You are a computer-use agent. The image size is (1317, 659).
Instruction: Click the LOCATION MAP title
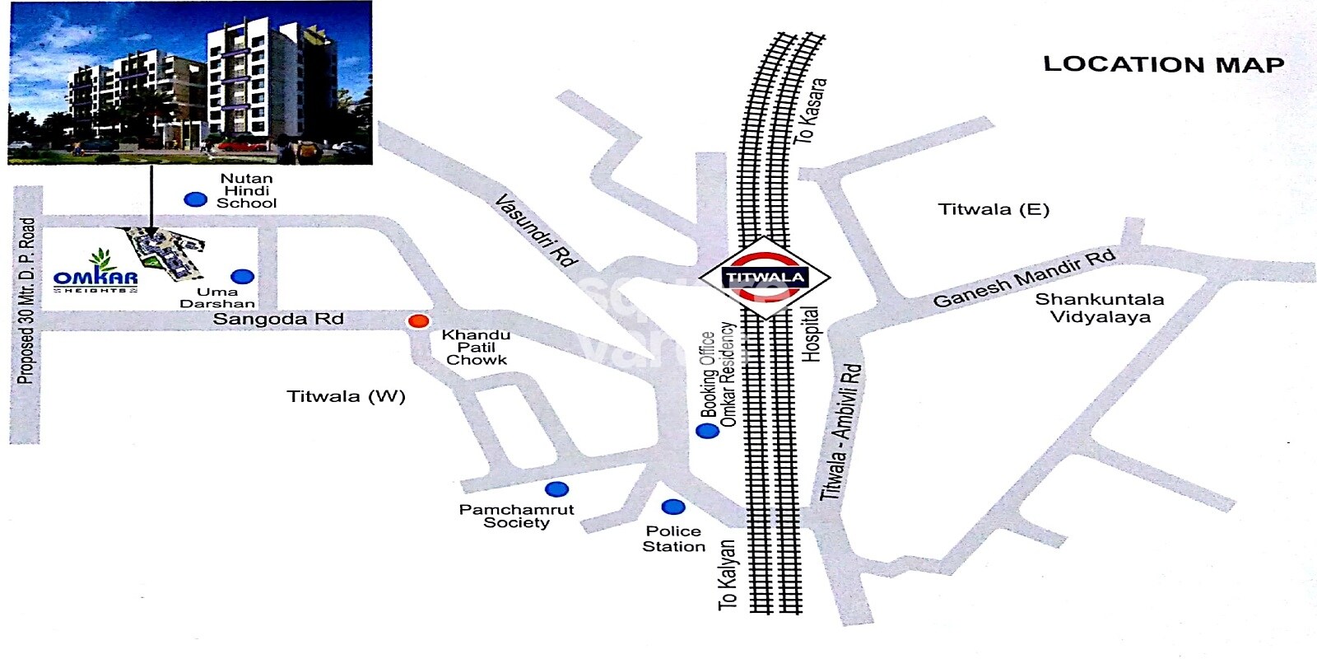(x=1163, y=64)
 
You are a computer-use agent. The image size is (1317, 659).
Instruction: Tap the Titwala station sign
(x=765, y=278)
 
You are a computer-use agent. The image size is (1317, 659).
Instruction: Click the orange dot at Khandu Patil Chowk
(x=419, y=321)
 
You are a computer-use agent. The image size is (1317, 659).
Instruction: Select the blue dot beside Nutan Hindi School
(x=195, y=199)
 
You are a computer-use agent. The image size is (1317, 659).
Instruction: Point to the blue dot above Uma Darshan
(x=242, y=277)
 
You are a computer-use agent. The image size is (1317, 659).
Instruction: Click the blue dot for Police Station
(x=673, y=507)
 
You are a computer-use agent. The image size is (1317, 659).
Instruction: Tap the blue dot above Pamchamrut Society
(x=557, y=488)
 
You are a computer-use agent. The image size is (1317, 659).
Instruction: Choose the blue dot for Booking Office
(x=706, y=431)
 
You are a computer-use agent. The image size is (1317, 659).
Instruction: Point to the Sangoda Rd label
(x=278, y=319)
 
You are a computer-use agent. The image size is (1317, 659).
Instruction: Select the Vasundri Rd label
(x=535, y=230)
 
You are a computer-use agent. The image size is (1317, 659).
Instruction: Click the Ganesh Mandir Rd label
(x=1024, y=278)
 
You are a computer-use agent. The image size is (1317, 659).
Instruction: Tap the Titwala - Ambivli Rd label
(x=841, y=432)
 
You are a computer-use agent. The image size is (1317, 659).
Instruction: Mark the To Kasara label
(x=811, y=111)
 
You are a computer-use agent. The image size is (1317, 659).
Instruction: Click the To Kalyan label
(x=728, y=575)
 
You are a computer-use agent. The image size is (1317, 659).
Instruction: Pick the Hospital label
(x=811, y=334)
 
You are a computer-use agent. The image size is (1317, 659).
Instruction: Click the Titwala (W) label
(x=346, y=396)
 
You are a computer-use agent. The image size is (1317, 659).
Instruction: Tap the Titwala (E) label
(x=994, y=209)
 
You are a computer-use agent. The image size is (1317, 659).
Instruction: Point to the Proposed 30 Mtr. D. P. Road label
(x=26, y=301)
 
